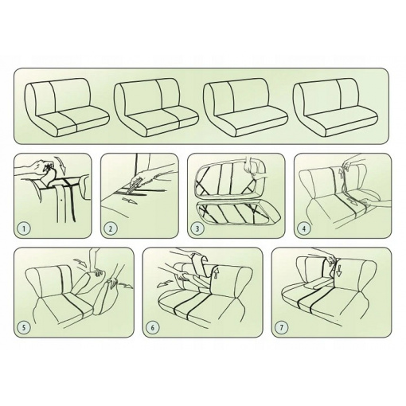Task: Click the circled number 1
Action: click(x=24, y=228)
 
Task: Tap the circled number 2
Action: click(x=111, y=228)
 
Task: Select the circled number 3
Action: click(x=197, y=228)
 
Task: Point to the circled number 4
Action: click(x=304, y=228)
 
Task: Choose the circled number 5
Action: click(x=24, y=327)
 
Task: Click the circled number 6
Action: click(x=153, y=327)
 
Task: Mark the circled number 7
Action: click(x=282, y=327)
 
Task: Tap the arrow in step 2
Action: click(x=130, y=201)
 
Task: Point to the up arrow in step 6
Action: click(x=216, y=273)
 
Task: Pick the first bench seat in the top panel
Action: click(x=67, y=107)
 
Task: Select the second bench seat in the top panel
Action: click(x=156, y=107)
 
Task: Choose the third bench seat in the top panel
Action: click(x=245, y=107)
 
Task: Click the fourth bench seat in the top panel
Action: click(x=335, y=107)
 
